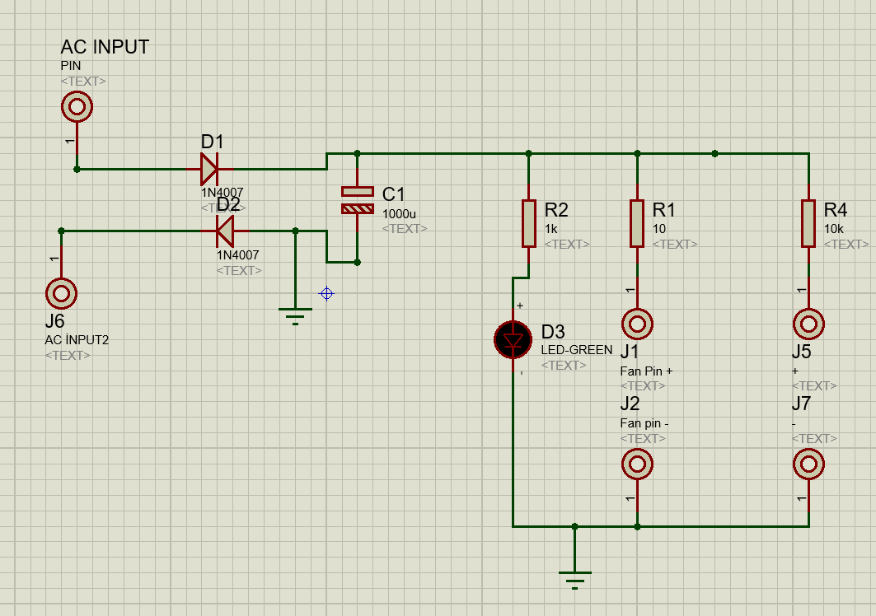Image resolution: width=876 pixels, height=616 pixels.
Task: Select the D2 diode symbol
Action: pos(224,231)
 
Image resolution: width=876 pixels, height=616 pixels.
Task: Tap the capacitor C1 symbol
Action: pos(358,200)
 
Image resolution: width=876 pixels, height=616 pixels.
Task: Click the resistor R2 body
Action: pos(529,223)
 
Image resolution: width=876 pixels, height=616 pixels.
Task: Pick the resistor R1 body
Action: pos(637,223)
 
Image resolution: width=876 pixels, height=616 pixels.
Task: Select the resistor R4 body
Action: pos(808,223)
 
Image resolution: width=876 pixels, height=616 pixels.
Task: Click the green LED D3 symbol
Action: pos(513,339)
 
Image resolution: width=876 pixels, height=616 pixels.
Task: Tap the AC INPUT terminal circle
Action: pos(77,106)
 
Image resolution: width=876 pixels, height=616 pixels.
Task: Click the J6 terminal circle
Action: pos(61,292)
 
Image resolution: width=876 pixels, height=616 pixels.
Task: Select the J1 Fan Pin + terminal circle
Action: pos(637,324)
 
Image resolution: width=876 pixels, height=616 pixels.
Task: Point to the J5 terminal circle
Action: pos(808,324)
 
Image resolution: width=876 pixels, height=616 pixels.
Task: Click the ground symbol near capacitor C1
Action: pos(296,315)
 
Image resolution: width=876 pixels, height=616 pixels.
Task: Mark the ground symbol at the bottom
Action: pos(575,579)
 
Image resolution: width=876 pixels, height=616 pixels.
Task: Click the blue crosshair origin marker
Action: pos(327,293)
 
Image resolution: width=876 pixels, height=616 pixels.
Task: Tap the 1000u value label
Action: pos(400,214)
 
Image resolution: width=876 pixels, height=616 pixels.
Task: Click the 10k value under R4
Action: pos(834,229)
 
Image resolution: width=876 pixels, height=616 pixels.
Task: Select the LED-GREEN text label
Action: pos(577,350)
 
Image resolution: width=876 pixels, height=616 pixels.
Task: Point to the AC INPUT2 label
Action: pos(77,339)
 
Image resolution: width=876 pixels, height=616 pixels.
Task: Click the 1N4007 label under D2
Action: pos(237,255)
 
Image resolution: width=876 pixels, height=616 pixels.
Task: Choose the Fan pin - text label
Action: pos(644,423)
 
